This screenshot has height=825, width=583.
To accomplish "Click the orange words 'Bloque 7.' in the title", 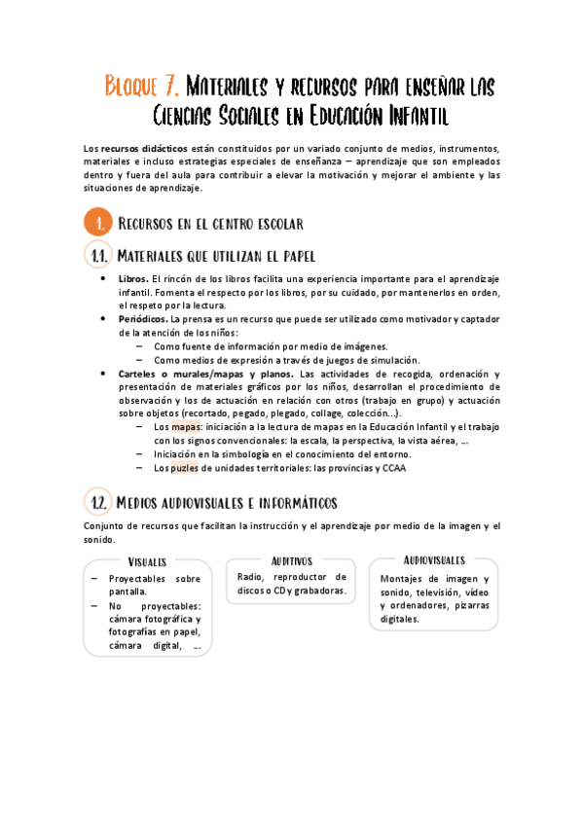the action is click(x=141, y=88).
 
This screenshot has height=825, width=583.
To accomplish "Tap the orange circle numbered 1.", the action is click(x=98, y=223).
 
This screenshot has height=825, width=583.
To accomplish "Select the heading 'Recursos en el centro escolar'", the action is click(x=210, y=224).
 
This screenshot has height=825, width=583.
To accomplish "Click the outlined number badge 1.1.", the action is click(x=97, y=257).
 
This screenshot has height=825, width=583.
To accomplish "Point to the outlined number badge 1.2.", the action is click(x=97, y=502).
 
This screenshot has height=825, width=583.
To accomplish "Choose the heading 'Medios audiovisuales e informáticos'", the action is click(x=227, y=503).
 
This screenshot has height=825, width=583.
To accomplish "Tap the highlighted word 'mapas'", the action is click(x=187, y=427).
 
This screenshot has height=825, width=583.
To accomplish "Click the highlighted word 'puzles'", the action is click(x=184, y=468).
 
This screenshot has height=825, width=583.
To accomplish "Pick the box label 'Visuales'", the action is click(x=147, y=561).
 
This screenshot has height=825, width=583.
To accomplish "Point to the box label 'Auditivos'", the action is click(x=291, y=560).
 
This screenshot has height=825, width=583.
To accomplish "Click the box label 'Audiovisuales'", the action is click(x=434, y=560).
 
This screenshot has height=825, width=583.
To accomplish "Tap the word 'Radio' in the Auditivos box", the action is click(x=250, y=577).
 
